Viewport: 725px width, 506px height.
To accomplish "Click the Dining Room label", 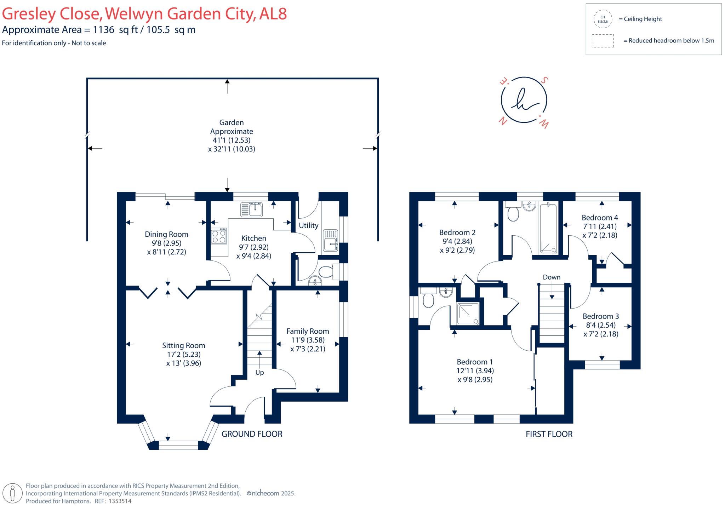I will [x=166, y=234].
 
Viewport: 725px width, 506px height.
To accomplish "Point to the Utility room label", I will [x=308, y=225].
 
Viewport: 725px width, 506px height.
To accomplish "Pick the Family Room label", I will [x=308, y=331].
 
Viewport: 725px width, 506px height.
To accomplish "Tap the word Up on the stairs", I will [x=259, y=373].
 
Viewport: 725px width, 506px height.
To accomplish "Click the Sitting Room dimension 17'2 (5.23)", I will [x=184, y=354].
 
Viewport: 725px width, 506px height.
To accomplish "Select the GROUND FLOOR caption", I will [x=252, y=434].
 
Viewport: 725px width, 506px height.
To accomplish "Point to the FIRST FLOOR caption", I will [x=549, y=434].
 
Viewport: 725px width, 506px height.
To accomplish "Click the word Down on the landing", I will [x=552, y=277].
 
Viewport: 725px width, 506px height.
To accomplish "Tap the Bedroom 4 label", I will [x=600, y=218].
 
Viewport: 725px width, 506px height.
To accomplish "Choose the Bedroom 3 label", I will [x=601, y=316].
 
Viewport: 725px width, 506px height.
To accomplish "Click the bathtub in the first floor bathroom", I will [x=548, y=228].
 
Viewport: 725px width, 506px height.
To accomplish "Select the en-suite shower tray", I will [x=468, y=314].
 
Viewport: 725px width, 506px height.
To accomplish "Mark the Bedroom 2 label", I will [x=457, y=232].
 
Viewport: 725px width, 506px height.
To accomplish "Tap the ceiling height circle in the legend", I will [x=603, y=19].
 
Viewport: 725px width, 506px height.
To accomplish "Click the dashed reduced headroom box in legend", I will [x=603, y=41].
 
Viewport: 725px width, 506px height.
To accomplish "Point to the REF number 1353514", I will [x=120, y=501].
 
